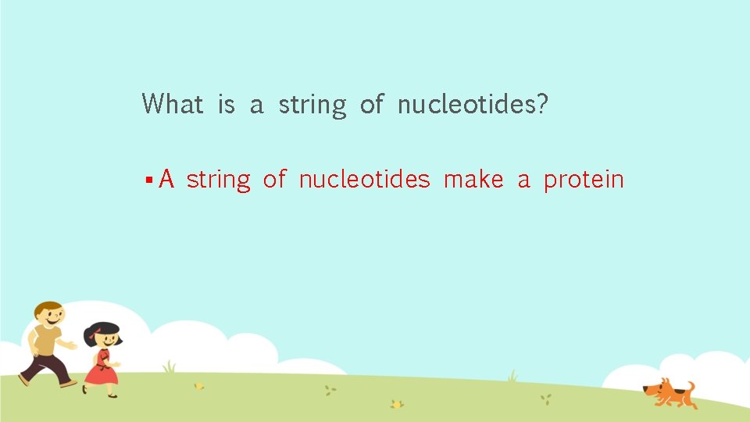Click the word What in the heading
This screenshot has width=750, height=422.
pyautogui.click(x=173, y=103)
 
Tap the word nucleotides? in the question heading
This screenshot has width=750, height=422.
pyautogui.click(x=473, y=103)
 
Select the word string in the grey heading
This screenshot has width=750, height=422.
pyautogui.click(x=312, y=105)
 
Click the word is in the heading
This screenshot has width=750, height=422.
pyautogui.click(x=227, y=103)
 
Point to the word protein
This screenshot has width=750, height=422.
pyautogui.click(x=584, y=181)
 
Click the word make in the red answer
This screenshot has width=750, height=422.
pyautogui.click(x=473, y=180)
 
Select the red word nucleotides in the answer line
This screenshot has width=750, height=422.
pyautogui.click(x=364, y=180)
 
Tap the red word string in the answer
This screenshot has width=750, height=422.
pyautogui.click(x=219, y=181)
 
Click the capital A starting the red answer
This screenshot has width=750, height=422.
pyautogui.click(x=166, y=180)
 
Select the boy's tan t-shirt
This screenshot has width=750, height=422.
pyautogui.click(x=45, y=340)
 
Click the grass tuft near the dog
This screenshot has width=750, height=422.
pyautogui.click(x=512, y=376)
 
